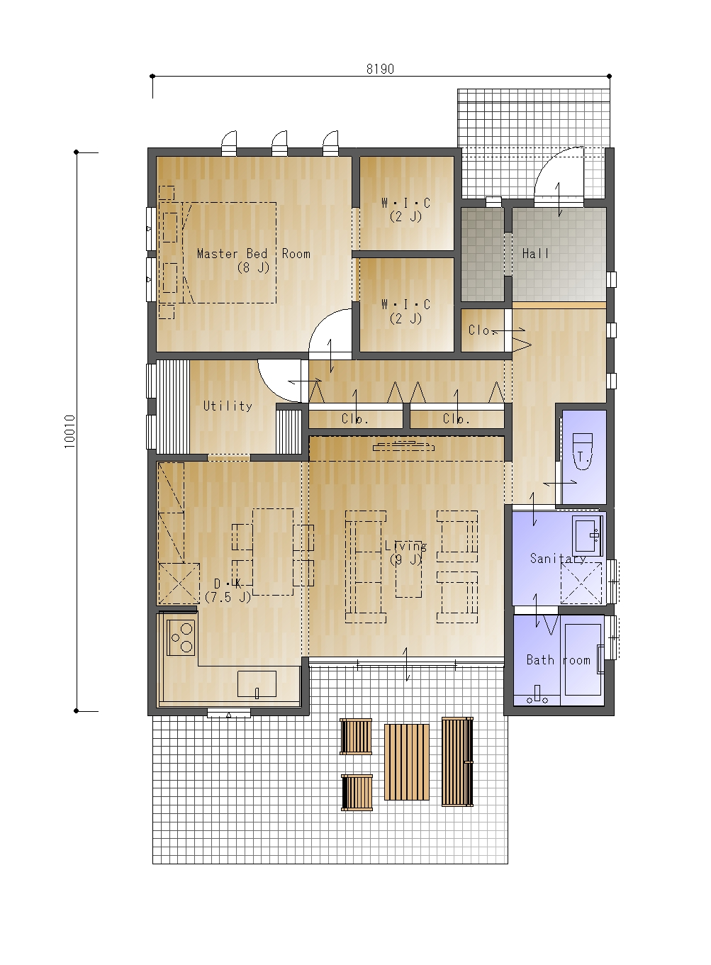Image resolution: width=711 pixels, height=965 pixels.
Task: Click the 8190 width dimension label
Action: coord(380,69)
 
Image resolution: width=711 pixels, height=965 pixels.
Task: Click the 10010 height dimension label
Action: coord(69,431)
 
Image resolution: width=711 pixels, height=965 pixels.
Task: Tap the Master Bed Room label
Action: coord(253,253)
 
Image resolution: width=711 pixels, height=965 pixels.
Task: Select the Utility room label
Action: coord(228,406)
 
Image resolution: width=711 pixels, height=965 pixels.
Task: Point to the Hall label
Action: coord(535,253)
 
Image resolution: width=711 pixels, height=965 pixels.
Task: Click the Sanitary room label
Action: coord(558,558)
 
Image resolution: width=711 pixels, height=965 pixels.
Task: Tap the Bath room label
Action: coord(558,659)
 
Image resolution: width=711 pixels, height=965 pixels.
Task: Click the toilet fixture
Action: coord(583,452)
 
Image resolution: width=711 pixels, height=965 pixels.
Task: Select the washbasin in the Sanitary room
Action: coord(587,535)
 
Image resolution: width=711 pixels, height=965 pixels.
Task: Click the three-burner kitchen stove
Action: coord(181,637)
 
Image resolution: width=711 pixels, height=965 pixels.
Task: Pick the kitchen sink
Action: coord(257,684)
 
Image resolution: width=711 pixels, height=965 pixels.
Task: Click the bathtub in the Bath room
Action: coord(583,659)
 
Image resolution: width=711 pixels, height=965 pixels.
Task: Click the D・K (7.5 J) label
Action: coord(228,590)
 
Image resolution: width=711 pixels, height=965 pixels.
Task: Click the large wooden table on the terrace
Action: coord(406,762)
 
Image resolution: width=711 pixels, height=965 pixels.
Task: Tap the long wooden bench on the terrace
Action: coord(457,762)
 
